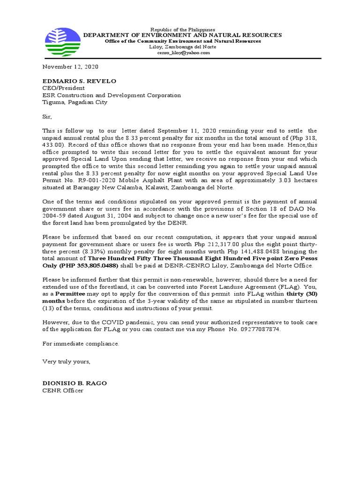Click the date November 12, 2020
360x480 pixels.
(71, 67)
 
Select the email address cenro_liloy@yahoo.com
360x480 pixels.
(183, 53)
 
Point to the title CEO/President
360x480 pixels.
(64, 88)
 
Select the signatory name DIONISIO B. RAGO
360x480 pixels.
(75, 383)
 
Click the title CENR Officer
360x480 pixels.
(63, 390)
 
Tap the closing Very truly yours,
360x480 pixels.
(66, 361)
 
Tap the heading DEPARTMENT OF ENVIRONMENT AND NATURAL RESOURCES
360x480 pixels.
(182, 35)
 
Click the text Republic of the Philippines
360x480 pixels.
(182, 29)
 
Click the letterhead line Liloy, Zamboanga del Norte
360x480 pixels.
(182, 47)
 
